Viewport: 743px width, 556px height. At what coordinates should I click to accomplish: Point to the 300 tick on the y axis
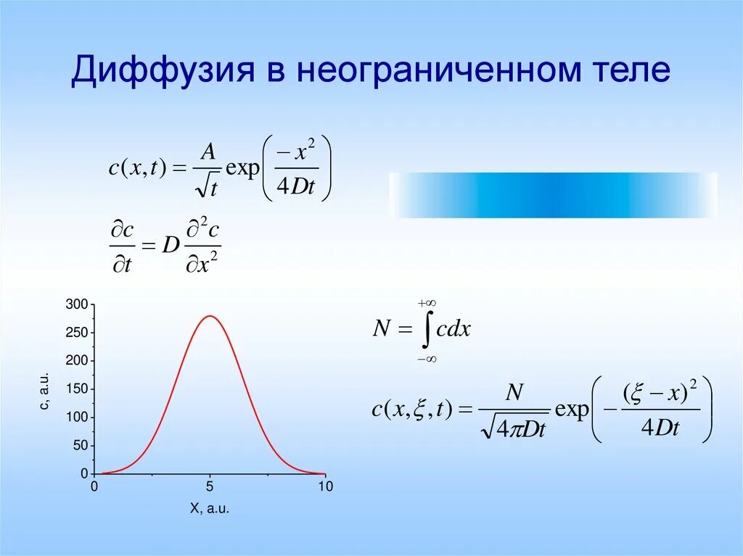[76, 304]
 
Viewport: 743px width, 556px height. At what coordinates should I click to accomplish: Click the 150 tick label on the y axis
[76, 389]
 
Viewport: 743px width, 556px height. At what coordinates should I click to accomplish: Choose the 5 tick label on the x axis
[210, 487]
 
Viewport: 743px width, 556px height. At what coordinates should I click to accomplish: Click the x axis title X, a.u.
[210, 510]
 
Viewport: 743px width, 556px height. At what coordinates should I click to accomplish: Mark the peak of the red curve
[210, 315]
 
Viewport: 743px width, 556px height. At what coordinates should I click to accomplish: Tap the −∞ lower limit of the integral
[426, 358]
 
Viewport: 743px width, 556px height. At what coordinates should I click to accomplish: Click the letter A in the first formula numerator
[208, 151]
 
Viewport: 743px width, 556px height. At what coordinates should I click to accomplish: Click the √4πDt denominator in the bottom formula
[513, 429]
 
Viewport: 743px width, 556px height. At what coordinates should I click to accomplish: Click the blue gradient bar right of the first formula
[553, 195]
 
